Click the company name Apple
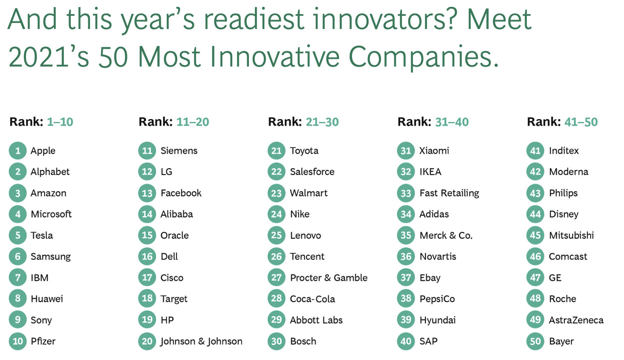coord(43,151)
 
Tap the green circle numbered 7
coord(18,277)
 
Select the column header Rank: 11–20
coord(174,122)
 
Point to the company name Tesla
coord(42,235)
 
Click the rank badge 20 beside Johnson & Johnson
coord(147,341)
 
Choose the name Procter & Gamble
coord(329,278)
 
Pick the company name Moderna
coord(569,172)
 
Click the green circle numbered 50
coord(535,341)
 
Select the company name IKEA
coord(430,172)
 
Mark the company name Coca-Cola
coord(312,299)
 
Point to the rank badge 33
coord(406,193)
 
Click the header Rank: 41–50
coord(562,122)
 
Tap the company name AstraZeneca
coord(576,320)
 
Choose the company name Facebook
coord(181,193)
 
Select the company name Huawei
coord(47,299)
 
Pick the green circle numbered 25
coord(276,235)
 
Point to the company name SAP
coord(428,341)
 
